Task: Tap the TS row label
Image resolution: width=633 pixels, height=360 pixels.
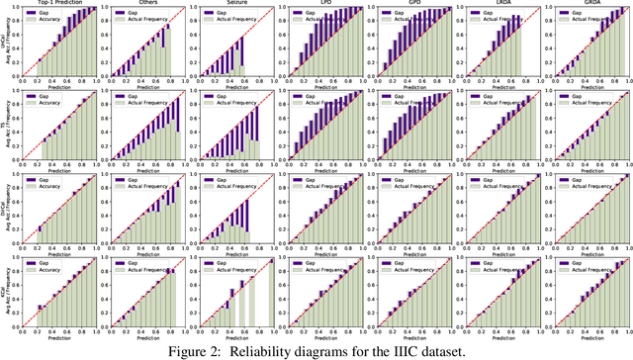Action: click(x=4, y=123)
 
